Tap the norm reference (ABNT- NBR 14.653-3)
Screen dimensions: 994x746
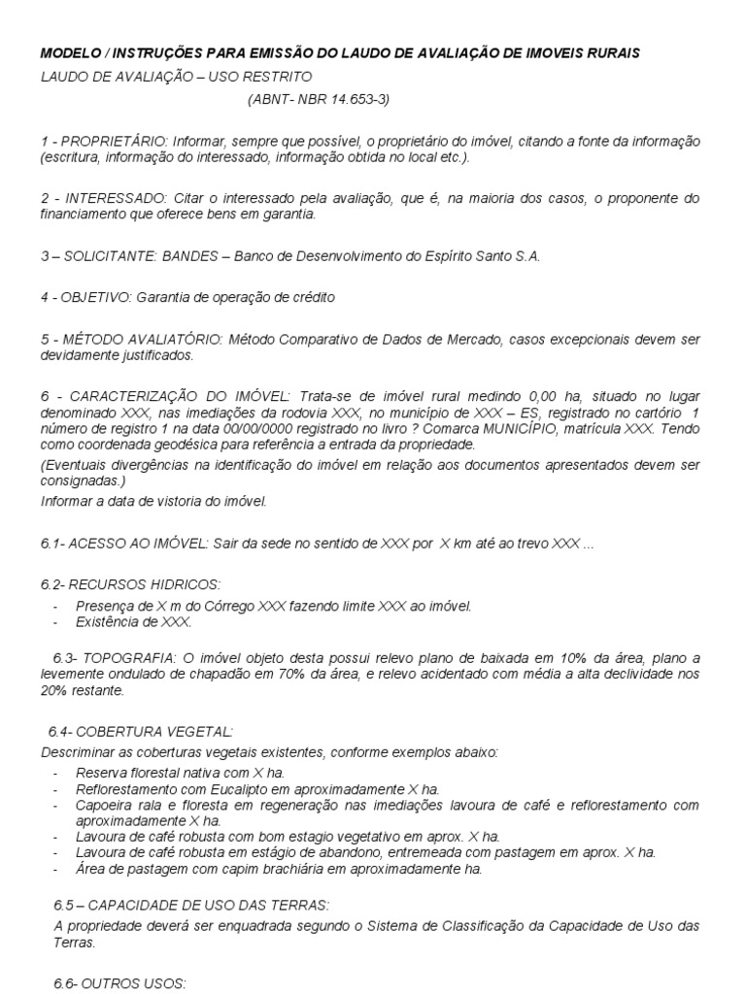click(x=320, y=99)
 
